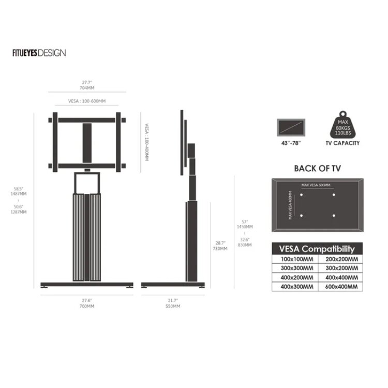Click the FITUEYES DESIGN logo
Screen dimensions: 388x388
pyautogui.click(x=39, y=53)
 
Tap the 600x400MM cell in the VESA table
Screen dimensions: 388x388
pyautogui.click(x=340, y=287)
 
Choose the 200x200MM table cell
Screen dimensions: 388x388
pyautogui.click(x=340, y=259)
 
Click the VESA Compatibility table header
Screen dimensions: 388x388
pyautogui.click(x=317, y=249)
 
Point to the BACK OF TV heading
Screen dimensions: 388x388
pyautogui.click(x=318, y=169)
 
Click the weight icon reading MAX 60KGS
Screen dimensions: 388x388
pyautogui.click(x=342, y=125)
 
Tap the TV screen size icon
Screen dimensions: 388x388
pyautogui.click(x=291, y=127)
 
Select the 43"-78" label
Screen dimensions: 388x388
pyautogui.click(x=291, y=143)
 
